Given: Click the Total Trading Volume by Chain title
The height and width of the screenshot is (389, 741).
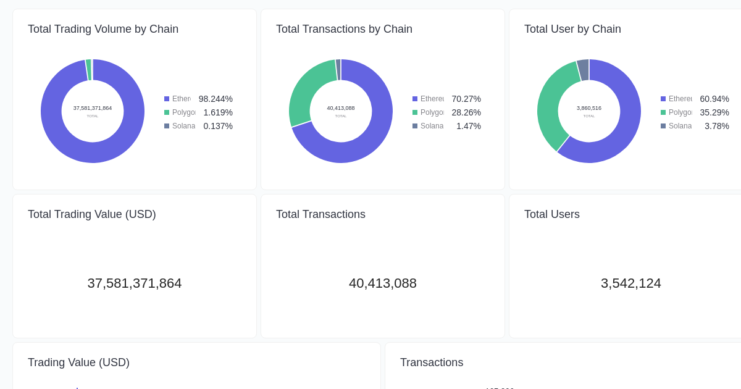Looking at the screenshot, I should point(103,29).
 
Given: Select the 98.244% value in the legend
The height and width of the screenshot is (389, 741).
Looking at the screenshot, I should point(216,99).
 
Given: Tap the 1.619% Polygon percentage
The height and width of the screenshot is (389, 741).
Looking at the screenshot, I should point(218,112).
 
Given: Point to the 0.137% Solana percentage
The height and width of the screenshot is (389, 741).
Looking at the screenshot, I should point(218,126).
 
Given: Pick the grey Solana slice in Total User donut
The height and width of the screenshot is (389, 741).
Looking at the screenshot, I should point(583,70).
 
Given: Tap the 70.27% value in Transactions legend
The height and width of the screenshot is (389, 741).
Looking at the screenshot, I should point(466,99).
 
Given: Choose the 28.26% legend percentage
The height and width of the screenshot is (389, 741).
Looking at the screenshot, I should point(466,112).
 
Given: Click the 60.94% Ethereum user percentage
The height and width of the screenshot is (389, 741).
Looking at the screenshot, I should point(714,99).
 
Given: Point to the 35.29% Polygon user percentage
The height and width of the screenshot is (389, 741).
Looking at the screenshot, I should point(714,112).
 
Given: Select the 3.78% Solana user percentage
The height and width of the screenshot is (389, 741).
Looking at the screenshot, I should point(717,126).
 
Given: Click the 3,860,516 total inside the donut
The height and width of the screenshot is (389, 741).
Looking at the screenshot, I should point(589,108).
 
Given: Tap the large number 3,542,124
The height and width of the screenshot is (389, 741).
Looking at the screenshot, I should point(630,283).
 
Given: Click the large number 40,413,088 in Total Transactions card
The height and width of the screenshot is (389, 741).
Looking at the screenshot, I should point(383,283).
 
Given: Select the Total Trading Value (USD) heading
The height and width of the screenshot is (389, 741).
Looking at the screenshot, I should point(92,214).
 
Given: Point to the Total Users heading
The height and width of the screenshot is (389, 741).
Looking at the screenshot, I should point(552,214).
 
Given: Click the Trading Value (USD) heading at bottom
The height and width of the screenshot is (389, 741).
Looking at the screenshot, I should point(78,362).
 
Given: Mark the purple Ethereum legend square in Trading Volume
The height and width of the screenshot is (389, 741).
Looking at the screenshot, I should point(167,99).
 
